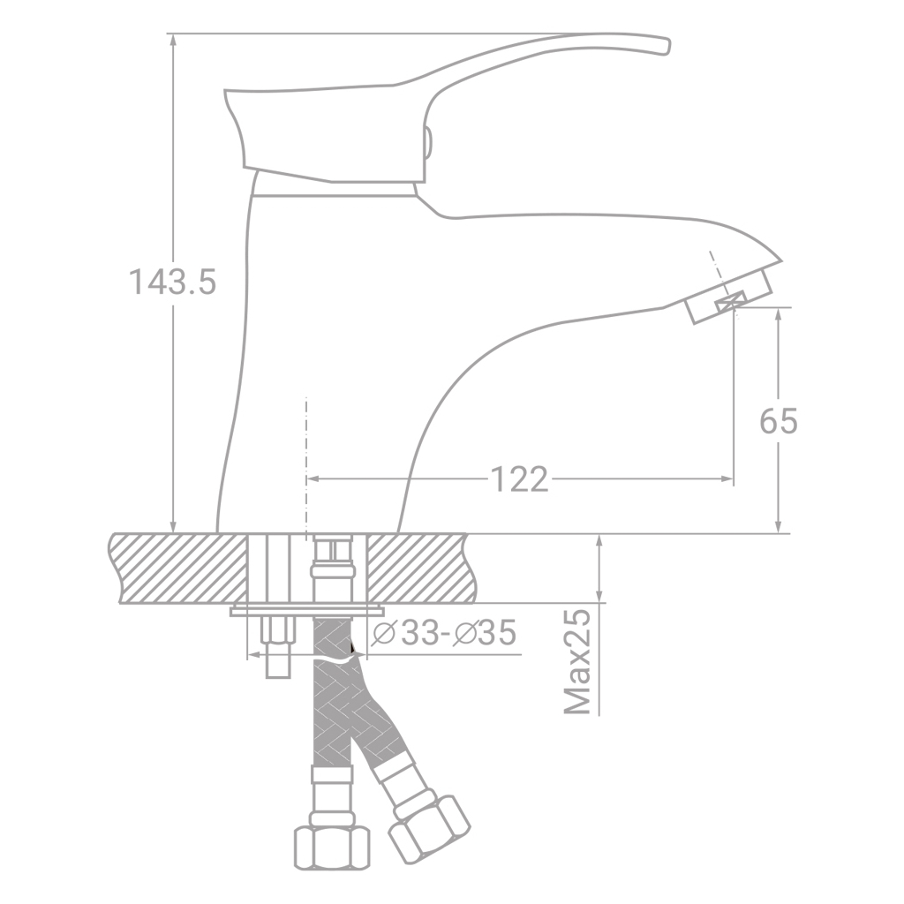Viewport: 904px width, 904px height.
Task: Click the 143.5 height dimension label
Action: pyautogui.click(x=172, y=282)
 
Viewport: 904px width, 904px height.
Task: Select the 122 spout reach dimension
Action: pyautogui.click(x=519, y=479)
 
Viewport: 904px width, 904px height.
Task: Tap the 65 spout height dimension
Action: pyautogui.click(x=778, y=422)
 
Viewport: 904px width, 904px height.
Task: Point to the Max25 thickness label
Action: pyautogui.click(x=578, y=661)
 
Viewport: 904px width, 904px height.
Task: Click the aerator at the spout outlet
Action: pyautogui.click(x=728, y=301)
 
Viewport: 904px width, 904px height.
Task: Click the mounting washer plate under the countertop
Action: pyautogui.click(x=307, y=610)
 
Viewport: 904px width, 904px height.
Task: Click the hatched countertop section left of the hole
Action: pyautogui.click(x=177, y=568)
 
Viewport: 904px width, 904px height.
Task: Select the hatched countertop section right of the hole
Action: pyautogui.click(x=415, y=568)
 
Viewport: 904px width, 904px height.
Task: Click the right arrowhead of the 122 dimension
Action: pyautogui.click(x=727, y=479)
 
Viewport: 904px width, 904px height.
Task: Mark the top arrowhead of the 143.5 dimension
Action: pyautogui.click(x=173, y=41)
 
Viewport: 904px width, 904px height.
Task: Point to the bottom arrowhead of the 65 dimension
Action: pyautogui.click(x=778, y=527)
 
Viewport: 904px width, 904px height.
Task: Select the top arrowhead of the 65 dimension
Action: pyautogui.click(x=778, y=314)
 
